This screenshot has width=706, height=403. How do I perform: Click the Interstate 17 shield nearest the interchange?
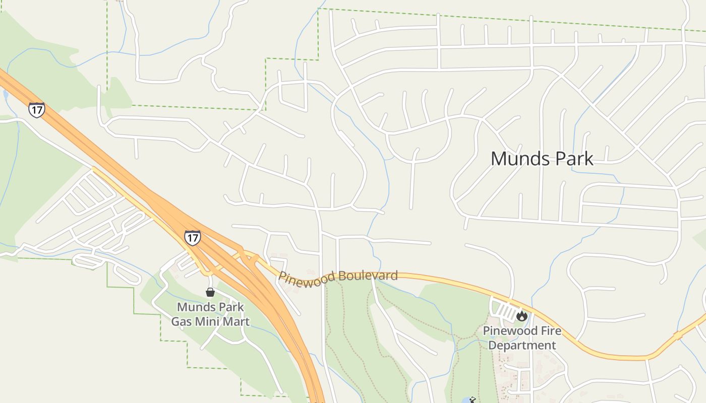[192, 237]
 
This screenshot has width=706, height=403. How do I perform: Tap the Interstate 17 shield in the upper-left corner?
[36, 109]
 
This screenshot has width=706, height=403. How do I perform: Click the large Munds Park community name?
[542, 159]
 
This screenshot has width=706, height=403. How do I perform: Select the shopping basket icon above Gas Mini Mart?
[210, 292]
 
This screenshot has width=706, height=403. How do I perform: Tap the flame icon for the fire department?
[521, 316]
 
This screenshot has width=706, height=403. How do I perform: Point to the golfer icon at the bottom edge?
[473, 400]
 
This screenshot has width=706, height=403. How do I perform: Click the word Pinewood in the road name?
[307, 278]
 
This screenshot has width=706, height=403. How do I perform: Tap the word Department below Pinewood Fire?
[522, 346]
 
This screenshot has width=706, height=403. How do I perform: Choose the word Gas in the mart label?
[182, 321]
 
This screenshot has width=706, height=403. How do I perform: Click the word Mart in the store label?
[237, 321]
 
